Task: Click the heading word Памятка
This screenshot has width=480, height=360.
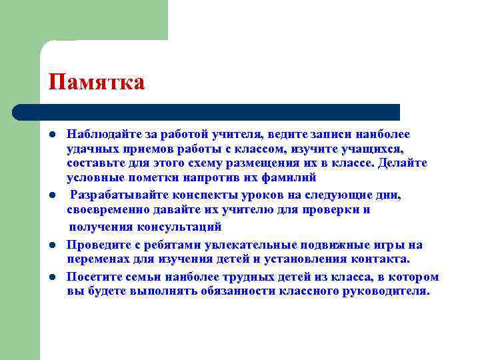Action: (96, 82)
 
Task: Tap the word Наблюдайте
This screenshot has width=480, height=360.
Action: (99, 134)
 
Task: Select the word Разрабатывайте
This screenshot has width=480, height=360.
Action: (118, 195)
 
